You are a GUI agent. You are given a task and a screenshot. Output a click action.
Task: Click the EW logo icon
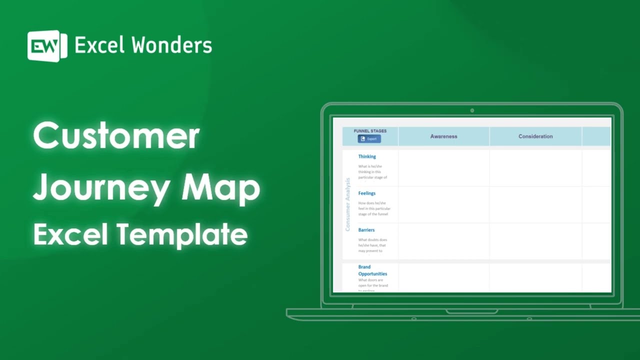(47, 46)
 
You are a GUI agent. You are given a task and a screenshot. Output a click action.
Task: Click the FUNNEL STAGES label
(370, 131)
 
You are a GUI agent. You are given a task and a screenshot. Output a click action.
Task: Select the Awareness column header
(443, 136)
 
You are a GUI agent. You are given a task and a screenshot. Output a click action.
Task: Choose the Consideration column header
(535, 136)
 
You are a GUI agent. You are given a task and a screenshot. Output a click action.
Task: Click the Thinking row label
(367, 156)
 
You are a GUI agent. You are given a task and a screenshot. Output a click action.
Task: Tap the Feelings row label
(367, 193)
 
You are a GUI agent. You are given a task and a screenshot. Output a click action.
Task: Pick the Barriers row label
(366, 230)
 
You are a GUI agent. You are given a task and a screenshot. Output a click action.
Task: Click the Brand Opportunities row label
(372, 270)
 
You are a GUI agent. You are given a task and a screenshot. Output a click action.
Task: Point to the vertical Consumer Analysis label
(348, 204)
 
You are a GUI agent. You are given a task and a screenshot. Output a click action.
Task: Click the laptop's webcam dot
(472, 110)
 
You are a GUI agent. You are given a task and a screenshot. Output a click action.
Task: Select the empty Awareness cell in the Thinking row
(443, 168)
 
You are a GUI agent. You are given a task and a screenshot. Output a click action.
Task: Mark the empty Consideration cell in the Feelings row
(535, 205)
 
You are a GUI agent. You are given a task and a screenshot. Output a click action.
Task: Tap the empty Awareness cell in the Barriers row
(443, 241)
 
